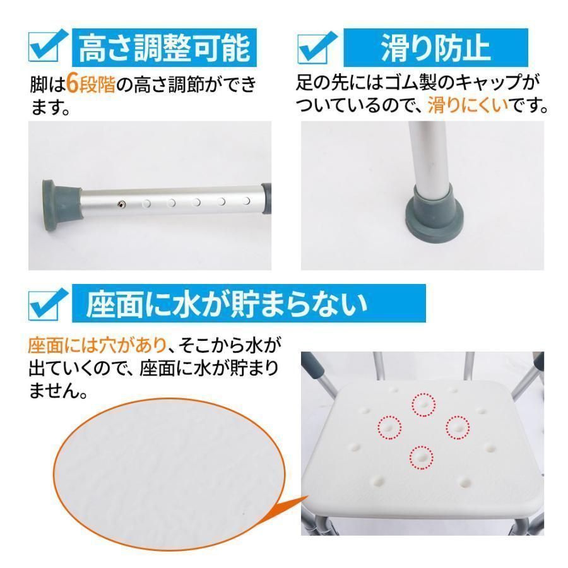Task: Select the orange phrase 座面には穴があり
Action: (x=97, y=345)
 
